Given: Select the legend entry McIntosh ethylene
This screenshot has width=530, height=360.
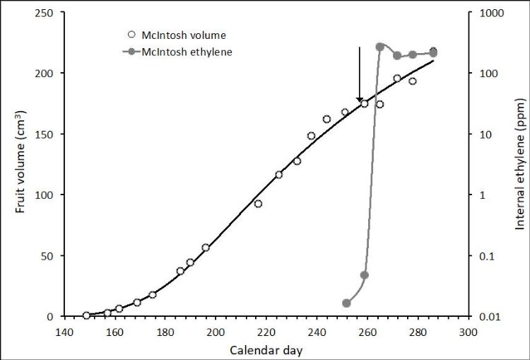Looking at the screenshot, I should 172,51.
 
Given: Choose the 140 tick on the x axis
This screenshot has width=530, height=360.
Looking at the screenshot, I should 65,330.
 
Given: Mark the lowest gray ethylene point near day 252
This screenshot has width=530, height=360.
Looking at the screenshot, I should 347,303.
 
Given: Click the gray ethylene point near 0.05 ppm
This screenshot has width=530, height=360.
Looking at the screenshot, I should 365,275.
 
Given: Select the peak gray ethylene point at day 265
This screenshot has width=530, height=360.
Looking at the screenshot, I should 380,47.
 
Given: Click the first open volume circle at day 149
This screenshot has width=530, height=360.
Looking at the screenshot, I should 86,315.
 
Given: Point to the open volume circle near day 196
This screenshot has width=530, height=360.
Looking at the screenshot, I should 206,248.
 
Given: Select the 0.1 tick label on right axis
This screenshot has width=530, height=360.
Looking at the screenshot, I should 487,255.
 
